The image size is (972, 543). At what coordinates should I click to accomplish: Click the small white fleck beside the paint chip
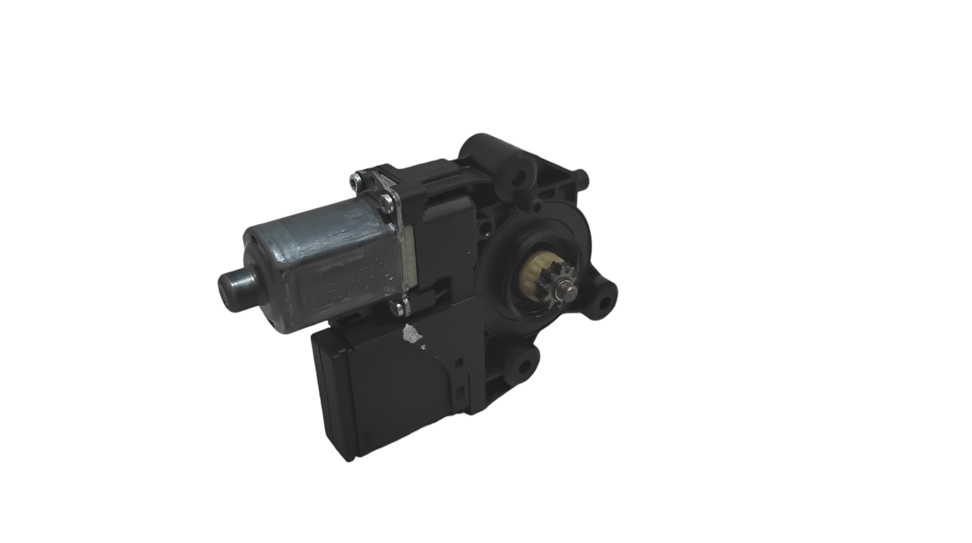[424, 347]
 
